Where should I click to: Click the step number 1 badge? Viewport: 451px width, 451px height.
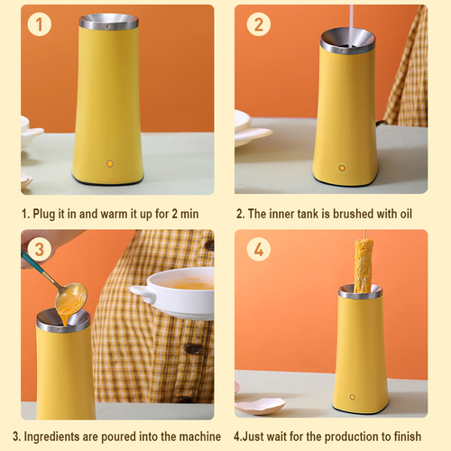point(38,25)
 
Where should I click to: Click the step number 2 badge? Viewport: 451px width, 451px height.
point(258,25)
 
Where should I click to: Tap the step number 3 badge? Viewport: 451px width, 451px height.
point(38,247)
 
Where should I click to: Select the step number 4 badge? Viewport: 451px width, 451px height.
point(258,249)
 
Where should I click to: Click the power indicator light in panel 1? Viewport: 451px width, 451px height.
point(110,163)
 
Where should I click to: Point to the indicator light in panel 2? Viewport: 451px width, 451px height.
point(341,166)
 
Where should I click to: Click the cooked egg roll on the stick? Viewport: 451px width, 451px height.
point(363,267)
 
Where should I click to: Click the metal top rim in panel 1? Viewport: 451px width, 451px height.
point(108,21)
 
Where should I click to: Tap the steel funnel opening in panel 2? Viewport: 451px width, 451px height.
point(346,41)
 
